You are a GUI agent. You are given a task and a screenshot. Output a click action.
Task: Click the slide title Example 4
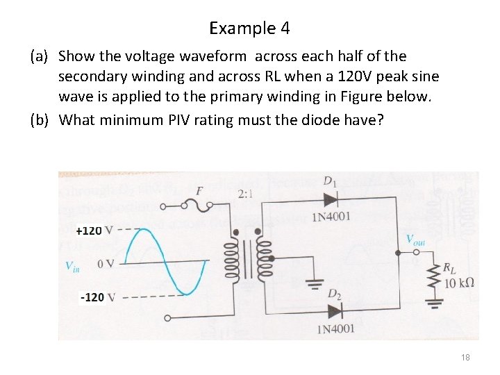tap(249, 28)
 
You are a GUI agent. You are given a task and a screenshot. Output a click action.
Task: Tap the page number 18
tap(465, 357)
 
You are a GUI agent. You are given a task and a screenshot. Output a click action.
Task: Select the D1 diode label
tap(331, 182)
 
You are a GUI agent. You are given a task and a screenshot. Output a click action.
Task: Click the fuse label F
tap(199, 190)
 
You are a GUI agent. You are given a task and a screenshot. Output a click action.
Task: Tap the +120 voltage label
tap(89, 231)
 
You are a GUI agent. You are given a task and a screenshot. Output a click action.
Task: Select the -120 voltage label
tap(92, 297)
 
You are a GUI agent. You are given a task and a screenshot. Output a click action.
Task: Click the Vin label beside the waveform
tap(72, 265)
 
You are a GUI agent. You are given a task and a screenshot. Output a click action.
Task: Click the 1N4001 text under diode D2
tap(335, 328)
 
